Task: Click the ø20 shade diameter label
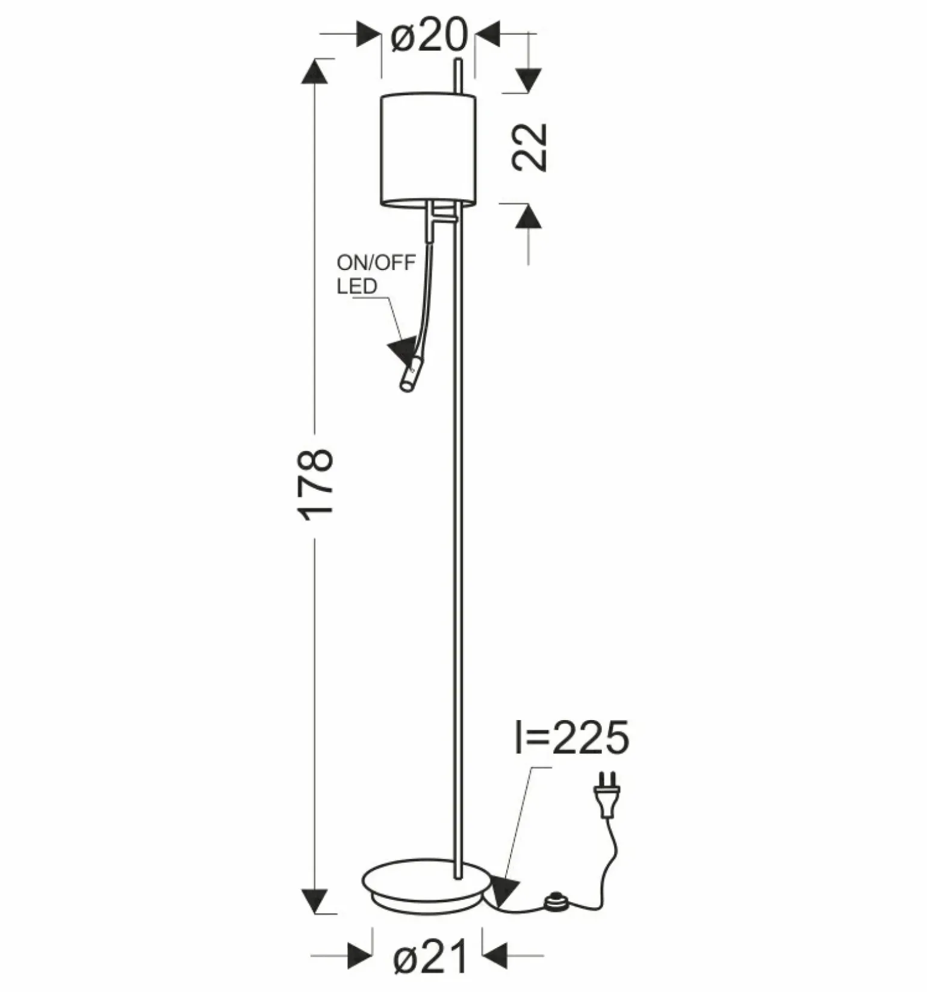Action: pyautogui.click(x=429, y=35)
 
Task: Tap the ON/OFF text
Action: pyautogui.click(x=376, y=263)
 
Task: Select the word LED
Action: pyautogui.click(x=357, y=286)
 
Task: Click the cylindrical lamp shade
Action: pyautogui.click(x=429, y=149)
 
